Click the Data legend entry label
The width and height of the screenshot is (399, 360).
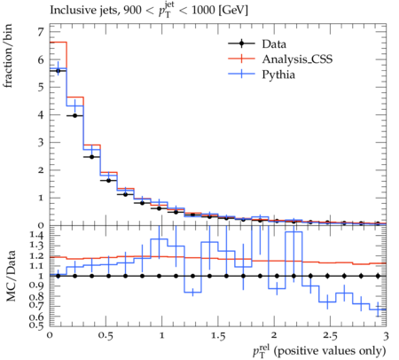(x=274, y=44)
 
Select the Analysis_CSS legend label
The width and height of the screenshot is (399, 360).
(x=297, y=59)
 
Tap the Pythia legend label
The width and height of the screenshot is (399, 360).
(x=278, y=74)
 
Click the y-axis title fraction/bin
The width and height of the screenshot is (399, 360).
(x=8, y=56)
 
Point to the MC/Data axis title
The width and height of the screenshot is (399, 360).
(x=11, y=276)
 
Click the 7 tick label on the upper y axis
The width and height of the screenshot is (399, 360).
(x=41, y=32)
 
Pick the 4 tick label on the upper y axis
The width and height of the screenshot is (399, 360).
(x=41, y=114)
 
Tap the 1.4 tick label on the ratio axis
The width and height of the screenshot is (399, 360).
(x=36, y=236)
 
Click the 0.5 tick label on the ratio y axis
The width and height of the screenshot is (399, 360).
(x=36, y=325)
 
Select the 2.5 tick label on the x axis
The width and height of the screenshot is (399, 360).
(x=330, y=336)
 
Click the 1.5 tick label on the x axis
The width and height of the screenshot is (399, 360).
(x=217, y=336)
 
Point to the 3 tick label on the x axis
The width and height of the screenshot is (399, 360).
(x=386, y=336)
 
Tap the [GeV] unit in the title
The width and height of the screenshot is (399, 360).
(x=233, y=11)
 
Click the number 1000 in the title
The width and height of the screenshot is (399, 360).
(x=203, y=11)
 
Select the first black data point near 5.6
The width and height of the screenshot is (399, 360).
(x=58, y=71)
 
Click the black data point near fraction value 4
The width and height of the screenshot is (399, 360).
(x=74, y=115)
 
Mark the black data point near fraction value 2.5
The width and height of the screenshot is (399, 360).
(x=91, y=157)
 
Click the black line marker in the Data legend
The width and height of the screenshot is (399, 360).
(x=241, y=43)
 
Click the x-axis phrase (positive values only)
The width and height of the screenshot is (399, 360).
(x=330, y=351)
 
